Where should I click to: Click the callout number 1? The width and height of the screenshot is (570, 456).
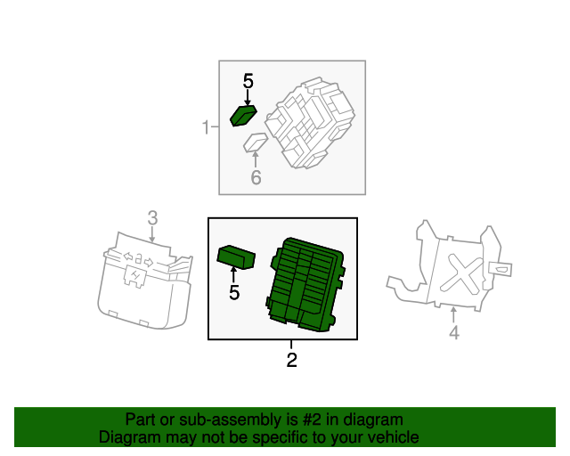[206, 127]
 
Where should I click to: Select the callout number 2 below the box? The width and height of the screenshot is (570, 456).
[291, 360]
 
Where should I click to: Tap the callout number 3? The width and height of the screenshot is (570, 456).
[152, 218]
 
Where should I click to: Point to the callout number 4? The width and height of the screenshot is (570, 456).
[454, 332]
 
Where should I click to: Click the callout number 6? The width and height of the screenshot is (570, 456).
[256, 177]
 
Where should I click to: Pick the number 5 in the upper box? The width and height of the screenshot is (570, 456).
[248, 81]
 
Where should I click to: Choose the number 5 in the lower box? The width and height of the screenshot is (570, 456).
[234, 292]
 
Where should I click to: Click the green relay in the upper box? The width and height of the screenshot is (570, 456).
[243, 116]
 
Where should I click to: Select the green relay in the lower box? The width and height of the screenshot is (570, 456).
[236, 257]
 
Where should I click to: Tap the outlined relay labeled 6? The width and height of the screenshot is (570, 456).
[256, 142]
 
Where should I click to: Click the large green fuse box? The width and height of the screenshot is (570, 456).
[306, 284]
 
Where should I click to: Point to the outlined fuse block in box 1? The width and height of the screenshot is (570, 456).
[310, 123]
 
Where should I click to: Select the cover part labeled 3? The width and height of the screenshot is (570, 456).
[145, 281]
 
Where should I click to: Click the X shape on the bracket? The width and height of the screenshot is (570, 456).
[462, 273]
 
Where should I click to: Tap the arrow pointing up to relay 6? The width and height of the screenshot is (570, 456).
[256, 159]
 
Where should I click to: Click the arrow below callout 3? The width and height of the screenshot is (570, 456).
[152, 234]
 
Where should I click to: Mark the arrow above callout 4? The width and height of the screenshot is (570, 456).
[453, 315]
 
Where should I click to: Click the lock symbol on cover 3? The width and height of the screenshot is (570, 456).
[139, 259]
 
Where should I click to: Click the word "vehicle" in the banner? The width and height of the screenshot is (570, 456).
[395, 437]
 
